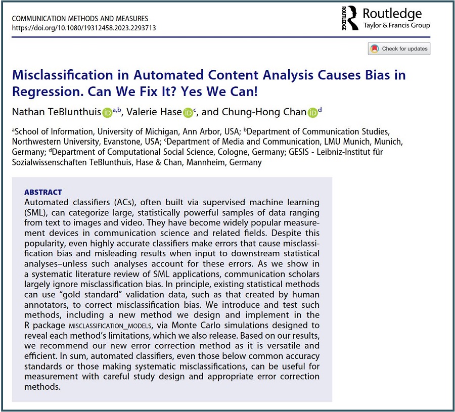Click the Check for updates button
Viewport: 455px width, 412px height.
(399, 49)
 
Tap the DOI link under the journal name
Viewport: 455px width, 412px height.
(83, 28)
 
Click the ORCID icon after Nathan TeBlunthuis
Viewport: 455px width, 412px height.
(107, 112)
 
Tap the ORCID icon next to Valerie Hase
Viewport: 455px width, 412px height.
(188, 112)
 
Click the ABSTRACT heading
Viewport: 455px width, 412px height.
(43, 192)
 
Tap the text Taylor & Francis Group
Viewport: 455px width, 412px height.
(396, 26)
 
